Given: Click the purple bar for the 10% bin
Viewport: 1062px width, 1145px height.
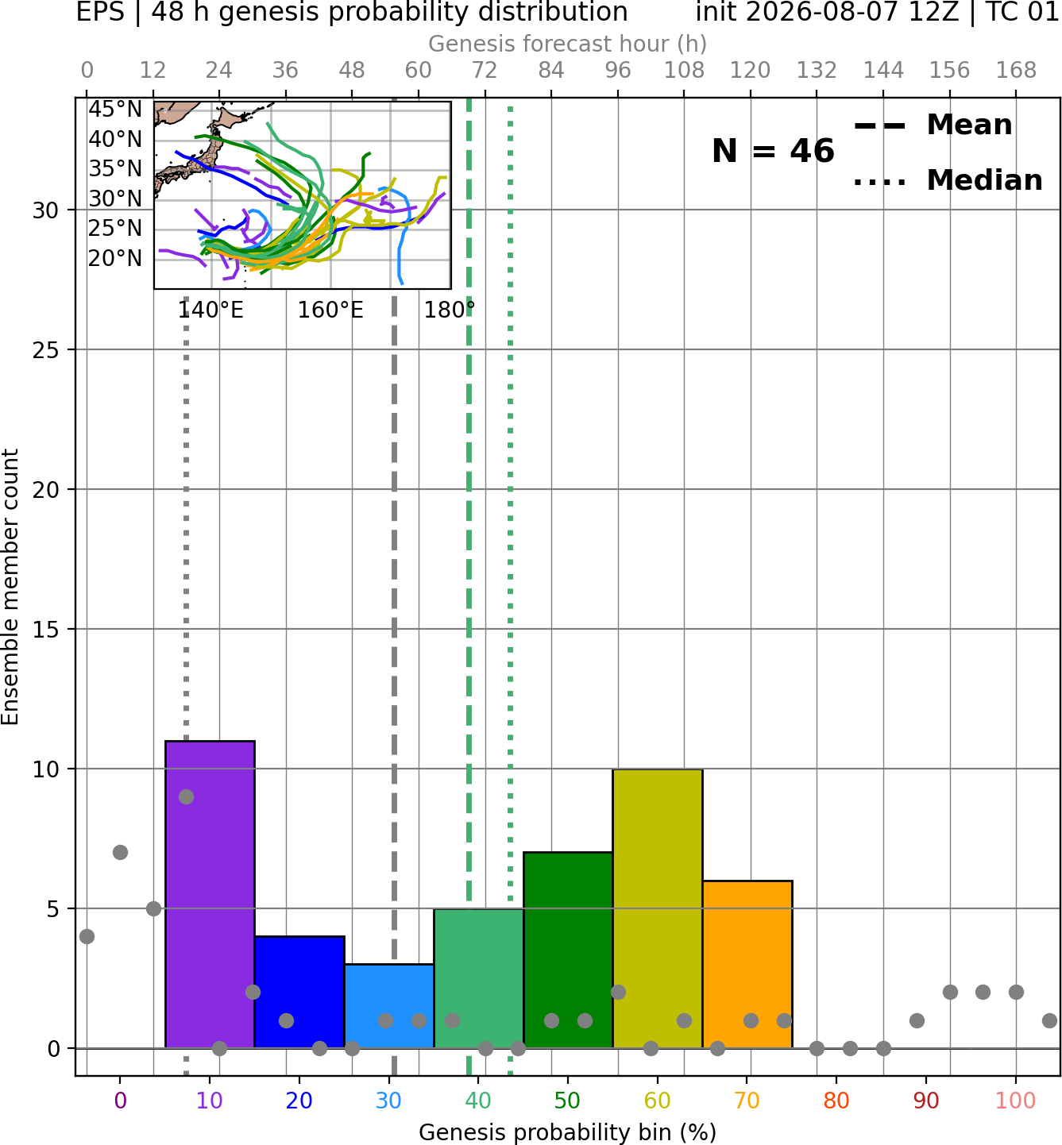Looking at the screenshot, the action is pyautogui.click(x=210, y=894).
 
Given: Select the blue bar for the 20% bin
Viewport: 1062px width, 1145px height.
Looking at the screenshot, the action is pyautogui.click(x=299, y=993).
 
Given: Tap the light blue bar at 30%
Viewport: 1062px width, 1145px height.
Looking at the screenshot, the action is pyautogui.click(x=389, y=1006).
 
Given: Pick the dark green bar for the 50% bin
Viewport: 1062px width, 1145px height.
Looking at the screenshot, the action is pyautogui.click(x=568, y=950).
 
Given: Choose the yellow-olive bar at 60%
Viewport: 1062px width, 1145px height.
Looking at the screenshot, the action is pyautogui.click(x=658, y=908).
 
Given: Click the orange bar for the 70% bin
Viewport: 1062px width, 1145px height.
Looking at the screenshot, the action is pyautogui.click(x=747, y=965).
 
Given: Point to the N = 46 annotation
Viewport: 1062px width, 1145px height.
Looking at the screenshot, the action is pyautogui.click(x=773, y=151).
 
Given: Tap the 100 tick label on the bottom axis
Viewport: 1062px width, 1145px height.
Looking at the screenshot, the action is pyautogui.click(x=1016, y=1101).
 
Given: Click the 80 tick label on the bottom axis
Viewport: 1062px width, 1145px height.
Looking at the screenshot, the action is pyautogui.click(x=836, y=1101).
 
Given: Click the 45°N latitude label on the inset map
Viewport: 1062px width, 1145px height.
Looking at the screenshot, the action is pyautogui.click(x=115, y=109).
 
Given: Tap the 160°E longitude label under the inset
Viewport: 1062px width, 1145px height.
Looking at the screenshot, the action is pyautogui.click(x=330, y=310).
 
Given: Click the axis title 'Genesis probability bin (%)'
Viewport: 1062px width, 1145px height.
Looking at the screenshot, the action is pyautogui.click(x=568, y=1132).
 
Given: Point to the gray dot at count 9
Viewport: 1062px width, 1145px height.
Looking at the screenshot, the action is pyautogui.click(x=186, y=796).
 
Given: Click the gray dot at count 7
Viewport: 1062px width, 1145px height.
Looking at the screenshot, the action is pyautogui.click(x=120, y=853).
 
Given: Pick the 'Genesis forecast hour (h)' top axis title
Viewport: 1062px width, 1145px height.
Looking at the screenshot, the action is pyautogui.click(x=568, y=44).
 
